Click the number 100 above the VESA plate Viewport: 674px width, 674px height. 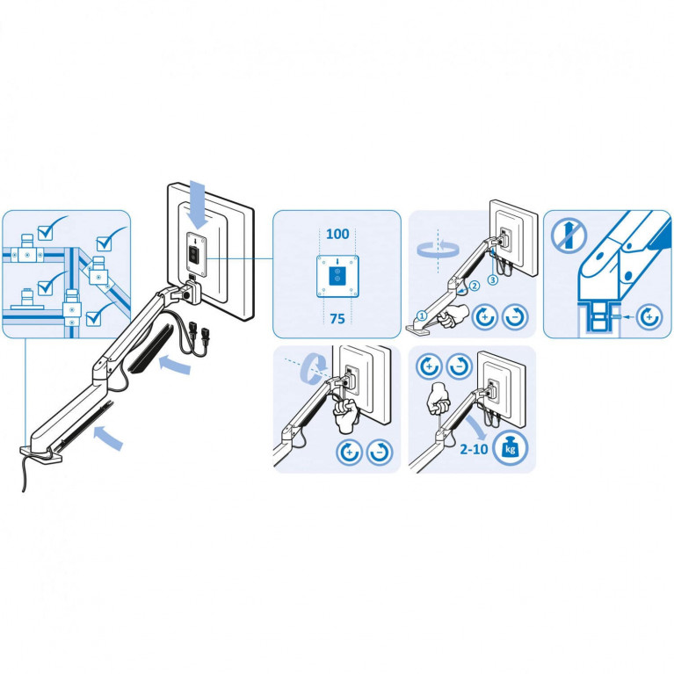click(x=337, y=235)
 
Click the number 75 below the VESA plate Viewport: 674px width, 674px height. click(x=337, y=319)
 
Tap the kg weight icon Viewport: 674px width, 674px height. click(x=510, y=449)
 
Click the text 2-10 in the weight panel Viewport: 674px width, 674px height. click(x=474, y=449)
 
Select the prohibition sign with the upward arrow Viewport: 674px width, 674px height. click(x=569, y=236)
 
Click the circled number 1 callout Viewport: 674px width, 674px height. click(x=422, y=316)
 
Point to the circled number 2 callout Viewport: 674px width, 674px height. click(x=475, y=286)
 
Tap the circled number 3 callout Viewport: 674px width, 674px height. click(x=493, y=279)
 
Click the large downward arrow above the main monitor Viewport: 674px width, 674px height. click(x=199, y=205)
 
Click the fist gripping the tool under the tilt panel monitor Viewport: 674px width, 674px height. click(x=345, y=415)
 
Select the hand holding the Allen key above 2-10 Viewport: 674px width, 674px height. click(x=438, y=398)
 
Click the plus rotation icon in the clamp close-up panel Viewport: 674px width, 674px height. click(x=649, y=317)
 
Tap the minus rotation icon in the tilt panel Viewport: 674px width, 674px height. click(x=380, y=452)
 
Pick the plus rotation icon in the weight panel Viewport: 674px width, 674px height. click(x=429, y=366)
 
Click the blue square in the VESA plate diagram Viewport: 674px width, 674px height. click(x=337, y=276)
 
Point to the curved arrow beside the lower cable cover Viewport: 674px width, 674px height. click(x=108, y=437)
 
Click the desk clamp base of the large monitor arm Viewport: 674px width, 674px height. click(x=40, y=454)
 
